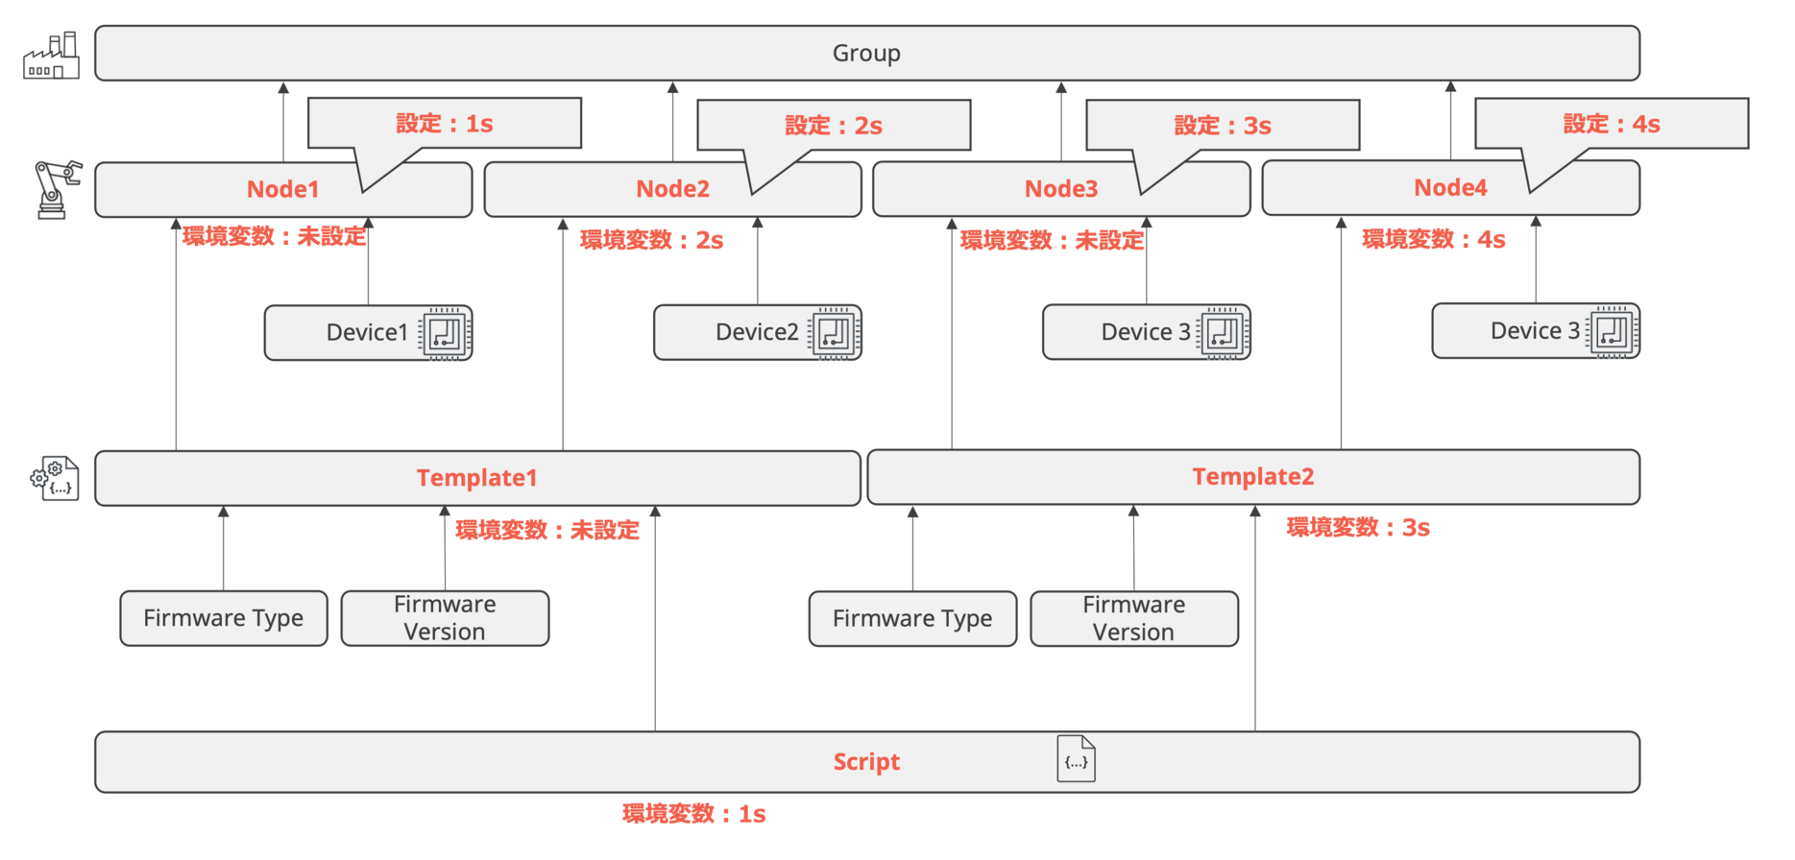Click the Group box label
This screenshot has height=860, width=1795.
point(865,53)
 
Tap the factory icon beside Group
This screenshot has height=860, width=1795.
point(52,57)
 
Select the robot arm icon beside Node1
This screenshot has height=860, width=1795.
point(56,189)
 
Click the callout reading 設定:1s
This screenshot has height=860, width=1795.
point(444,124)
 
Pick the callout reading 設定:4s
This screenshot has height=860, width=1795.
point(1611,124)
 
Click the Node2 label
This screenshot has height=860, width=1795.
point(672,189)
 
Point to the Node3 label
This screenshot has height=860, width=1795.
point(1060,189)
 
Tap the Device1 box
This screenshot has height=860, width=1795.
point(367,333)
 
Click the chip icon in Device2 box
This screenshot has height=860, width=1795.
point(833,333)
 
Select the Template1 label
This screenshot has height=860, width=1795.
point(476,478)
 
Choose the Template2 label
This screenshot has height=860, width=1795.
point(1252,477)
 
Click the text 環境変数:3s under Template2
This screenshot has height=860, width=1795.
point(1357,528)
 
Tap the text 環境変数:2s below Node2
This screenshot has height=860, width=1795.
point(651,240)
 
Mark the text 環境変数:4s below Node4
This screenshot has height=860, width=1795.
point(1433,240)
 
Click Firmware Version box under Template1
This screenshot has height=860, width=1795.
point(445,618)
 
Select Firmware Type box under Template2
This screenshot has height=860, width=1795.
point(911,619)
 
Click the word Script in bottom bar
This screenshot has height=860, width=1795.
point(865,762)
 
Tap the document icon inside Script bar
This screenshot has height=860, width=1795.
point(1076,759)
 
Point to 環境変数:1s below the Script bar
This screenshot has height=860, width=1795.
point(693,815)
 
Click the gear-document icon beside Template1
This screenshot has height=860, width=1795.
point(56,479)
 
